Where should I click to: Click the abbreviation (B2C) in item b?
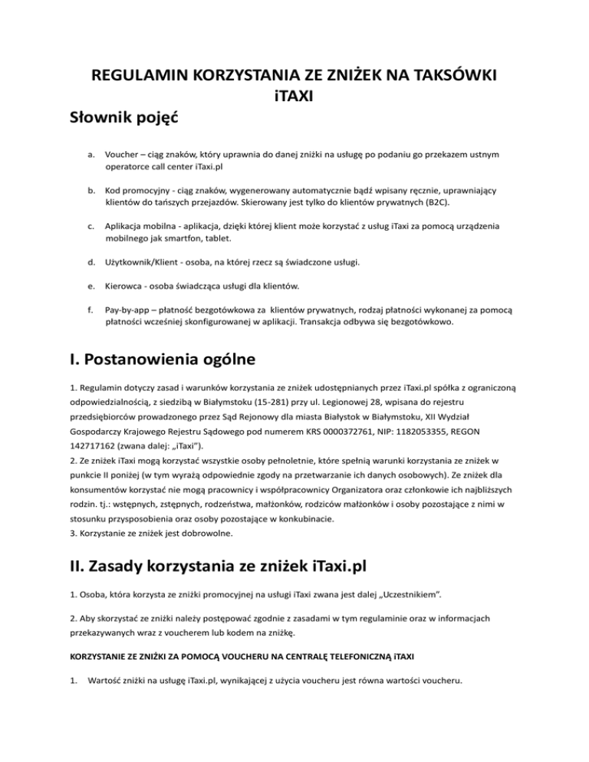tap(459, 205)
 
